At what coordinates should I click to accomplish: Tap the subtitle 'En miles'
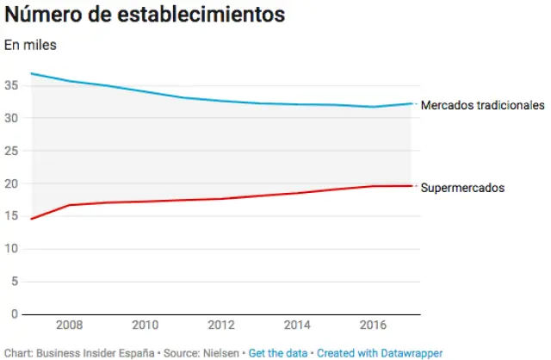tap(30, 45)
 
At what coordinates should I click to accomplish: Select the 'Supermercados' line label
tap(462, 187)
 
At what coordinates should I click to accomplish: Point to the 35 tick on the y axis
tap(11, 85)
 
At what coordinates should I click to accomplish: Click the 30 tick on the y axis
tap(11, 118)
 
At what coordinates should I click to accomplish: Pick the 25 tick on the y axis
tap(11, 151)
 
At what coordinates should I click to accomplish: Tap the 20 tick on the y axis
tap(11, 183)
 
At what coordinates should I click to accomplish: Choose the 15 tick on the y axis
tap(11, 216)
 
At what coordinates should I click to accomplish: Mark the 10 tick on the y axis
tap(11, 249)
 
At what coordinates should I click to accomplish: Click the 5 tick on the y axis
tap(15, 282)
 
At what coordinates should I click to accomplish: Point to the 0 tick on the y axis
tap(15, 314)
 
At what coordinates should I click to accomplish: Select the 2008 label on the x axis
tap(69, 326)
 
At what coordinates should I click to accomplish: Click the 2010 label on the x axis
tap(145, 326)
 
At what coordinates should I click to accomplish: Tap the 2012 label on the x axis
tap(221, 326)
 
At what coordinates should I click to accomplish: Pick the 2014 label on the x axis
tap(297, 326)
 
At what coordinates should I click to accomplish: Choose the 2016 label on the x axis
tap(373, 326)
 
